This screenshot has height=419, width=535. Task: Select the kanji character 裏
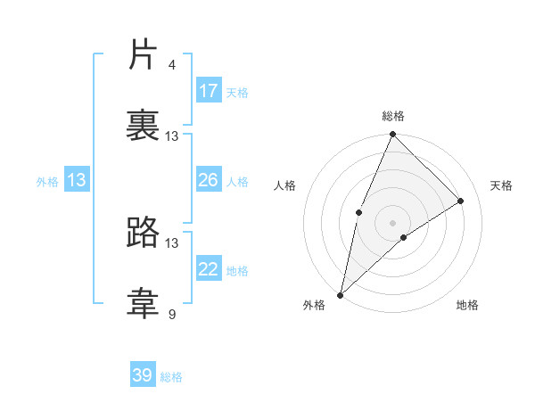(144, 126)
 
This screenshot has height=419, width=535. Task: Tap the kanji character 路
(144, 233)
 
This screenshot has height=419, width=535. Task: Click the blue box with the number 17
(209, 91)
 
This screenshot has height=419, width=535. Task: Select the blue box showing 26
(209, 180)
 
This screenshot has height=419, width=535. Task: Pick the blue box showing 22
(209, 269)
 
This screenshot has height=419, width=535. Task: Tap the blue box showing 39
(143, 375)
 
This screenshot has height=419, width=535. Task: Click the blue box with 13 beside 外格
(77, 180)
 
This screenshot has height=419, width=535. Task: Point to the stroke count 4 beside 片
(172, 65)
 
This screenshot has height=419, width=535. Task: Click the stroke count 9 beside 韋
(172, 314)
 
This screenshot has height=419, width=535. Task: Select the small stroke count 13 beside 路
(172, 242)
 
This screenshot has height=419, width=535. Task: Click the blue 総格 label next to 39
(171, 377)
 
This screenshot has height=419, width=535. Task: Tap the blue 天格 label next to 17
(237, 93)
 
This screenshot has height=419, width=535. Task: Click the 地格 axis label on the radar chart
(467, 305)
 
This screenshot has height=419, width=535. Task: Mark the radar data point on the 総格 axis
(392, 135)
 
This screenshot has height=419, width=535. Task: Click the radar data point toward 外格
(340, 294)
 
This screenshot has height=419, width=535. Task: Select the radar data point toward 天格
(461, 201)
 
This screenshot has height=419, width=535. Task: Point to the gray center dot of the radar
(392, 222)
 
